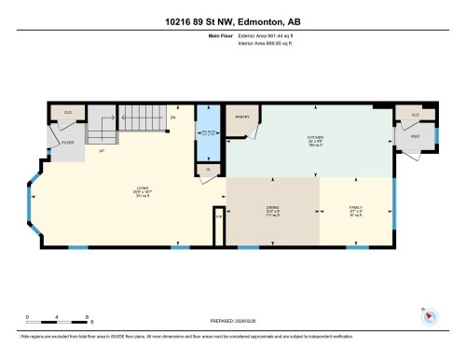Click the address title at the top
click(233, 21)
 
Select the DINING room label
click(273, 210)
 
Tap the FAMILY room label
click(356, 210)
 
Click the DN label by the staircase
click(172, 119)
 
